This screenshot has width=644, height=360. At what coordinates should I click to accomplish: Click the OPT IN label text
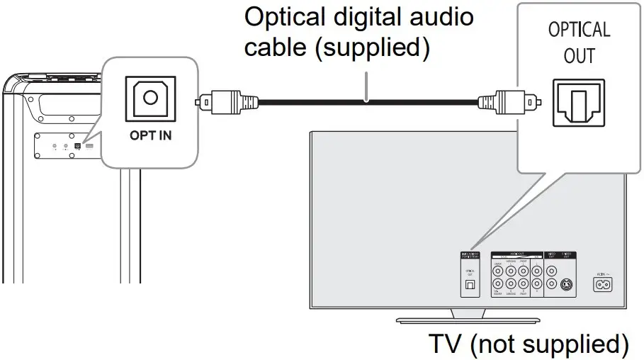click(150, 135)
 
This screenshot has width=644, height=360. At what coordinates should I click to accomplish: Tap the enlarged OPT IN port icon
click(149, 100)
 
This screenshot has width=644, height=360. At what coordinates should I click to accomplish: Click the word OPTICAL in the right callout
click(579, 30)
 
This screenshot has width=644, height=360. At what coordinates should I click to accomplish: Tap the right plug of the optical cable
click(510, 101)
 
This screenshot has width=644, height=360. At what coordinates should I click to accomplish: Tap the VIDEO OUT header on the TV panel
click(552, 254)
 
